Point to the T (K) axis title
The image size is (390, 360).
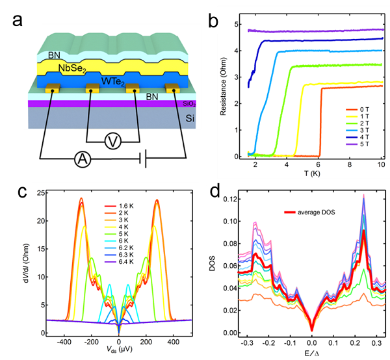tap(313, 174)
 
